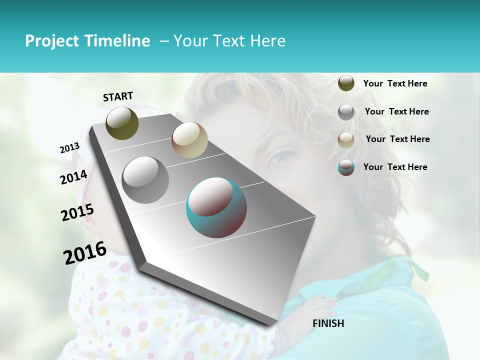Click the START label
[118, 96]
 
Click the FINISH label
[328, 323]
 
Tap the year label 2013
[69, 148]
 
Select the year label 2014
[73, 177]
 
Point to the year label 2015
[77, 212]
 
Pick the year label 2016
[85, 253]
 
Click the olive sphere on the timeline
[122, 123]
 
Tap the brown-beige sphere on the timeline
[189, 140]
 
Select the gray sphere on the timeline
[145, 179]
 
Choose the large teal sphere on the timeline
[216, 207]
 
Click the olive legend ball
[346, 83]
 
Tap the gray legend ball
[346, 112]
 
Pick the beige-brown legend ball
[346, 140]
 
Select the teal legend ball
[346, 167]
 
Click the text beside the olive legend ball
[395, 84]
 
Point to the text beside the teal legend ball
[395, 167]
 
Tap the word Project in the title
[52, 41]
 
